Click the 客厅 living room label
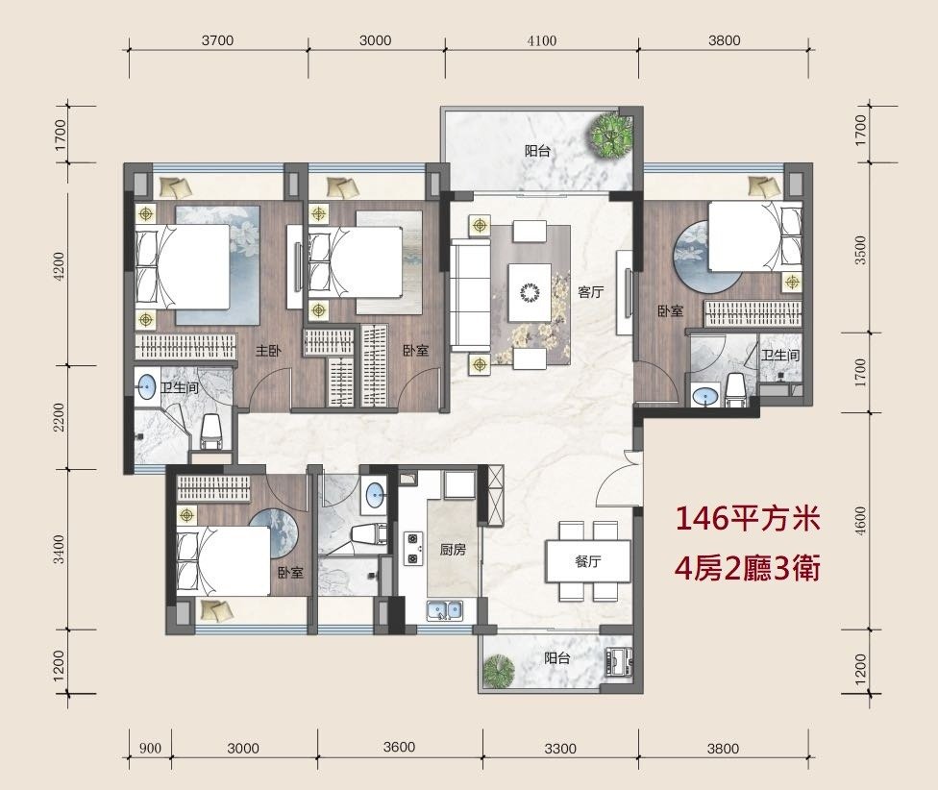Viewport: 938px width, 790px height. click(x=590, y=292)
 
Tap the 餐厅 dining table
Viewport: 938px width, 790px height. click(x=587, y=561)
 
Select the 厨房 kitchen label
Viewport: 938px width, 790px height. click(x=453, y=549)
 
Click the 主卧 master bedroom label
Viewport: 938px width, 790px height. click(x=268, y=351)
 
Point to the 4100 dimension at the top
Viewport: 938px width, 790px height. click(x=542, y=40)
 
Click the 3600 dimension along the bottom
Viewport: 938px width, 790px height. click(x=399, y=747)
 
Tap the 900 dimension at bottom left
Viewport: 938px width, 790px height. click(x=150, y=748)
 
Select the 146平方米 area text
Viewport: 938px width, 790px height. click(x=747, y=518)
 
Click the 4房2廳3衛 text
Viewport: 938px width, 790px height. click(x=747, y=568)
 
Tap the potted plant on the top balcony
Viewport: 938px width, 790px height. click(x=611, y=136)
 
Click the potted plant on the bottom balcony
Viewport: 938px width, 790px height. click(x=499, y=672)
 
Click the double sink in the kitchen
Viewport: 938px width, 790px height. click(x=444, y=610)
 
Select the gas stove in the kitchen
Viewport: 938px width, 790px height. click(x=412, y=549)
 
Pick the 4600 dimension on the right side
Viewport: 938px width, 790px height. click(x=860, y=521)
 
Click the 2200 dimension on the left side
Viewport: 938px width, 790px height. click(x=59, y=417)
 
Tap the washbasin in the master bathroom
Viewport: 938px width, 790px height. click(x=146, y=387)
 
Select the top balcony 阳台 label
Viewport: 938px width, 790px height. click(x=537, y=151)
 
